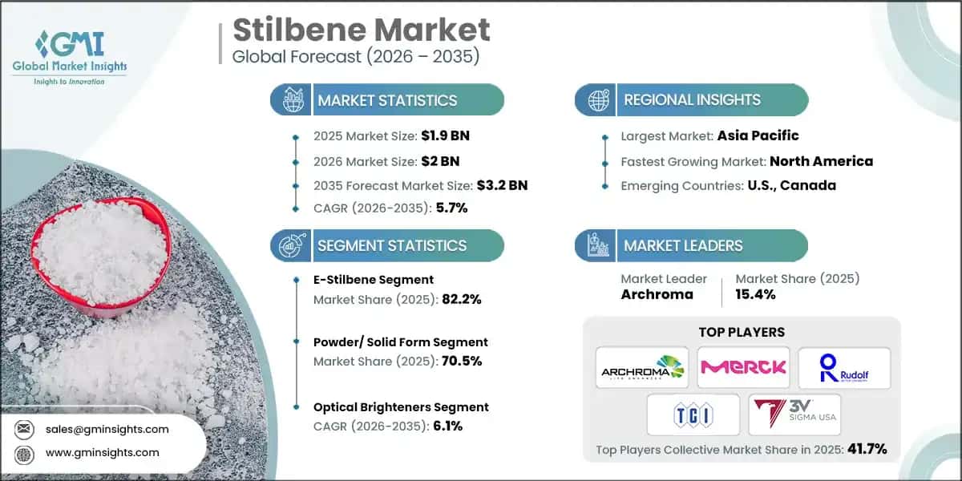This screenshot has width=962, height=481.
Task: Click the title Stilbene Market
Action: pyautogui.click(x=361, y=30)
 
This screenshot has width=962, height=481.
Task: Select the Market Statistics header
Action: pyautogui.click(x=387, y=100)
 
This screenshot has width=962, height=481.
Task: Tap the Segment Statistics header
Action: pyautogui.click(x=391, y=245)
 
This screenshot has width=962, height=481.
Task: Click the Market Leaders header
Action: pyautogui.click(x=683, y=245)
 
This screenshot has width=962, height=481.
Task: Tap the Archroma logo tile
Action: pyautogui.click(x=642, y=368)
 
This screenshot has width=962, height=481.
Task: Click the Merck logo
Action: pyautogui.click(x=743, y=368)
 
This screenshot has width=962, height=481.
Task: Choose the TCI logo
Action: pyautogui.click(x=693, y=414)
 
